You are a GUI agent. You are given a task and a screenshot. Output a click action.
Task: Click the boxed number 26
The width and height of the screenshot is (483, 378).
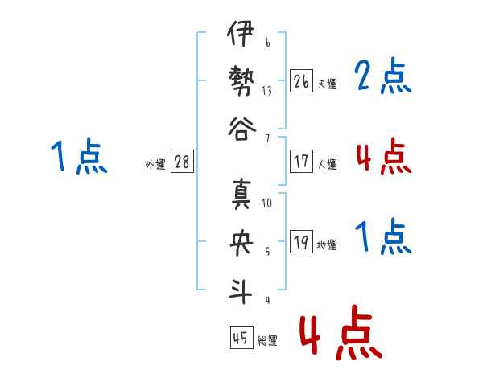pyautogui.click(x=302, y=80)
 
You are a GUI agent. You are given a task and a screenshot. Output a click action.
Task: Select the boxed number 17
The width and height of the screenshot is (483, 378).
pyautogui.click(x=302, y=162)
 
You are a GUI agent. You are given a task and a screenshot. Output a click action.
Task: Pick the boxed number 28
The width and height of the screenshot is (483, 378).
pyautogui.click(x=182, y=162)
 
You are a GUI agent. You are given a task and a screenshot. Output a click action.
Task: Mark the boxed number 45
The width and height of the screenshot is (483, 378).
pyautogui.click(x=239, y=339)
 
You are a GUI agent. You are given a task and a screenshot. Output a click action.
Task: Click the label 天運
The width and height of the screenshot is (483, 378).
pyautogui.click(x=327, y=84)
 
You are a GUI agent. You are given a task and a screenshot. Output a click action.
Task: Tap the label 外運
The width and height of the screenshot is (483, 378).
pyautogui.click(x=155, y=165)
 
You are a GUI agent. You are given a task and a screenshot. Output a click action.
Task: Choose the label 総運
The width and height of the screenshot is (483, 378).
pyautogui.click(x=266, y=341)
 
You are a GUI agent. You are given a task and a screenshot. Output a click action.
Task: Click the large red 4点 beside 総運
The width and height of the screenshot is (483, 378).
pyautogui.click(x=340, y=331)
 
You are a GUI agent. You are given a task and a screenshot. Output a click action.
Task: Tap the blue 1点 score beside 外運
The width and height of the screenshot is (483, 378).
pyautogui.click(x=78, y=156)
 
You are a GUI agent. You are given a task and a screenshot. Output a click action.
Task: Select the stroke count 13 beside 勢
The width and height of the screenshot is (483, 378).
pyautogui.click(x=266, y=91)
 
